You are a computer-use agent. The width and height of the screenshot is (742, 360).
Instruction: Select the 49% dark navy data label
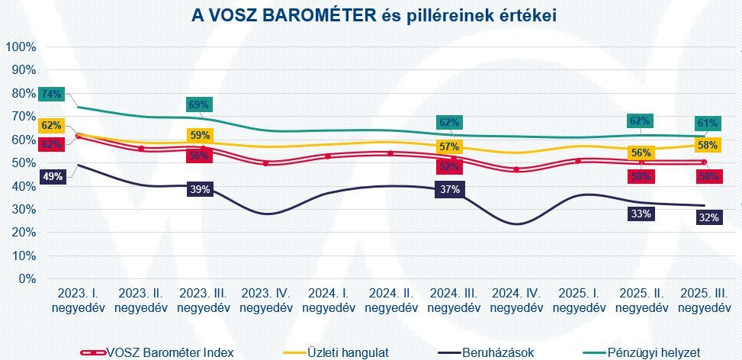coord(51,176)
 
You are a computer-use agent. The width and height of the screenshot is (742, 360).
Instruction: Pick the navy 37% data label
coord(449,189)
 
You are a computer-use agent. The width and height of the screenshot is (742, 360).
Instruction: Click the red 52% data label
coord(449,166)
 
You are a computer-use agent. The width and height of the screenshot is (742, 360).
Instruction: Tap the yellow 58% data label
coord(706,145)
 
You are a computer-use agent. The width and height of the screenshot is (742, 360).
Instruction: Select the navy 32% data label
coord(706,217)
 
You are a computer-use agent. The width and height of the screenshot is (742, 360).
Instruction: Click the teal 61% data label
coord(706,124)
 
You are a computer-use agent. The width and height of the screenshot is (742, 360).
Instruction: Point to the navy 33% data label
coord(641,214)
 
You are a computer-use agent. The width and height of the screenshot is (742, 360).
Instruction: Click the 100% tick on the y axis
coord(21,47)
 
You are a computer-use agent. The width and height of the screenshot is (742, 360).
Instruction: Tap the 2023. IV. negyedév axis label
coord(266,301)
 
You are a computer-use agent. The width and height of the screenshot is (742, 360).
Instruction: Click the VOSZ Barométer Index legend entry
coord(157,352)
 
